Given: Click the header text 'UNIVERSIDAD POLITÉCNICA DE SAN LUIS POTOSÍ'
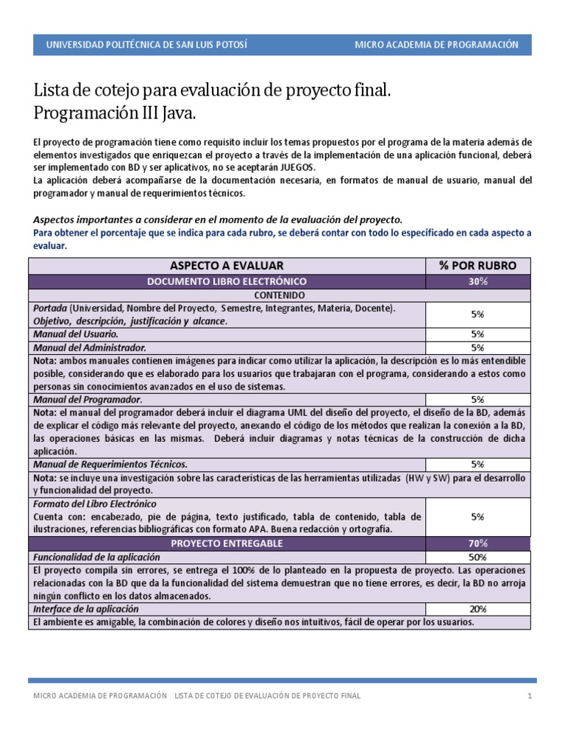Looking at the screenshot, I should [146, 45].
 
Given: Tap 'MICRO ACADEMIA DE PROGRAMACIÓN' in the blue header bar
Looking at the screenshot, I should [436, 45].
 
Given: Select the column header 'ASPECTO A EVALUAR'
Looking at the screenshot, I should [227, 266].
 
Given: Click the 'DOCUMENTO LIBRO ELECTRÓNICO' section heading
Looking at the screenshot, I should [227, 282].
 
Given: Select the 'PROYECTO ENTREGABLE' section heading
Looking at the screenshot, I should [227, 543].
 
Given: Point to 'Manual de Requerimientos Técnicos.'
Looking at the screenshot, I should [110, 465].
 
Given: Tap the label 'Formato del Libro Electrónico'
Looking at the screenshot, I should [95, 504].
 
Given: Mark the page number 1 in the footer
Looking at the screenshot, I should [528, 697].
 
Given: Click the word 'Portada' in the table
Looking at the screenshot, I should [50, 309].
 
